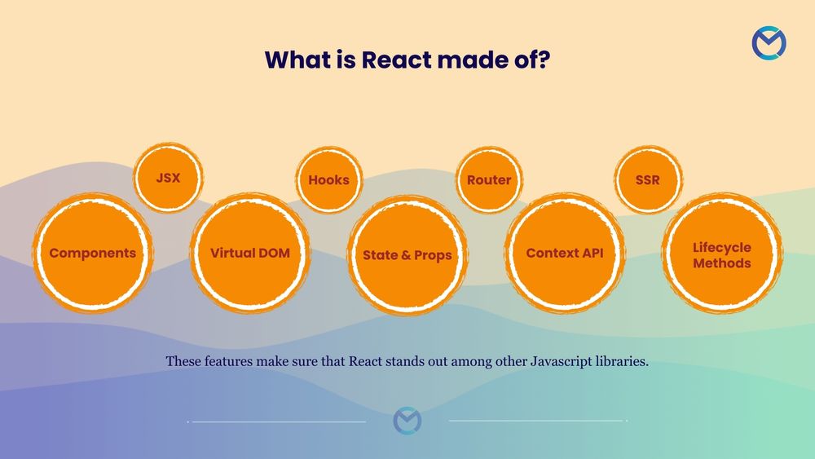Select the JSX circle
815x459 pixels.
coord(168,177)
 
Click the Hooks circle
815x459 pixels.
coord(328,179)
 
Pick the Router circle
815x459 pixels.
coord(489,179)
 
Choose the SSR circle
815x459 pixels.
coord(648,179)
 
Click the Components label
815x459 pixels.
coord(92,253)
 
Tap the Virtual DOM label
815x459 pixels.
coord(249,253)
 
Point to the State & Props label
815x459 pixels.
coord(407,255)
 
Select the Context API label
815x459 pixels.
coord(565,253)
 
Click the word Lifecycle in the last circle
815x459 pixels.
coord(722,247)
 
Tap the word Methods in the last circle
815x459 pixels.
coord(722,263)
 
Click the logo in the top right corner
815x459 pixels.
coord(769,43)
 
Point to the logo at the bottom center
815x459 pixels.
coord(407,421)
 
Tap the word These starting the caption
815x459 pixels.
coord(183,361)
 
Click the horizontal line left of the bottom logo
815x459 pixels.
coord(277,421)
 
